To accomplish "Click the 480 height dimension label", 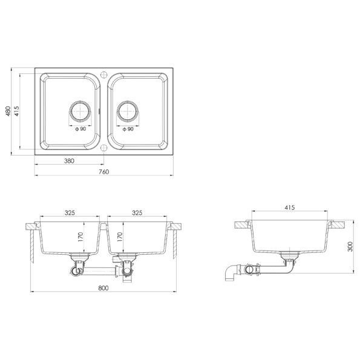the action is pyautogui.click(x=8, y=111).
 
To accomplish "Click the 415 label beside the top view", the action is pyautogui.click(x=16, y=111).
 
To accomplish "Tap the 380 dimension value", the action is pyautogui.click(x=69, y=161).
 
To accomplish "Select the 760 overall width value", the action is pyautogui.click(x=104, y=172).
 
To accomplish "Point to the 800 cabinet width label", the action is pyautogui.click(x=103, y=288).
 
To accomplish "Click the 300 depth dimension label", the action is pyautogui.click(x=350, y=247).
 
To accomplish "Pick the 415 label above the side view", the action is pyautogui.click(x=290, y=208).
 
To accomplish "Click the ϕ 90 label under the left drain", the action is pyautogui.click(x=80, y=129).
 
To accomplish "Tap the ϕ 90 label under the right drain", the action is pyautogui.click(x=128, y=129).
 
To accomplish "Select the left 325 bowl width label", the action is pyautogui.click(x=70, y=213).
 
